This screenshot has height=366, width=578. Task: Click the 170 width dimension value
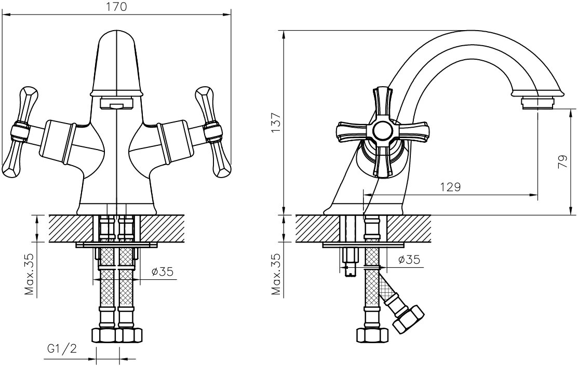click(117, 7)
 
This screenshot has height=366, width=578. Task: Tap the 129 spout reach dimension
click(450, 187)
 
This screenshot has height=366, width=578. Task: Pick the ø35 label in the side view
click(409, 260)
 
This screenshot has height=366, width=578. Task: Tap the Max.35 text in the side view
click(277, 274)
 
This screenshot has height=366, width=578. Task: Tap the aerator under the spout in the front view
click(116, 104)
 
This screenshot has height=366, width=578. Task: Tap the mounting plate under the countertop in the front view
click(116, 245)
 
